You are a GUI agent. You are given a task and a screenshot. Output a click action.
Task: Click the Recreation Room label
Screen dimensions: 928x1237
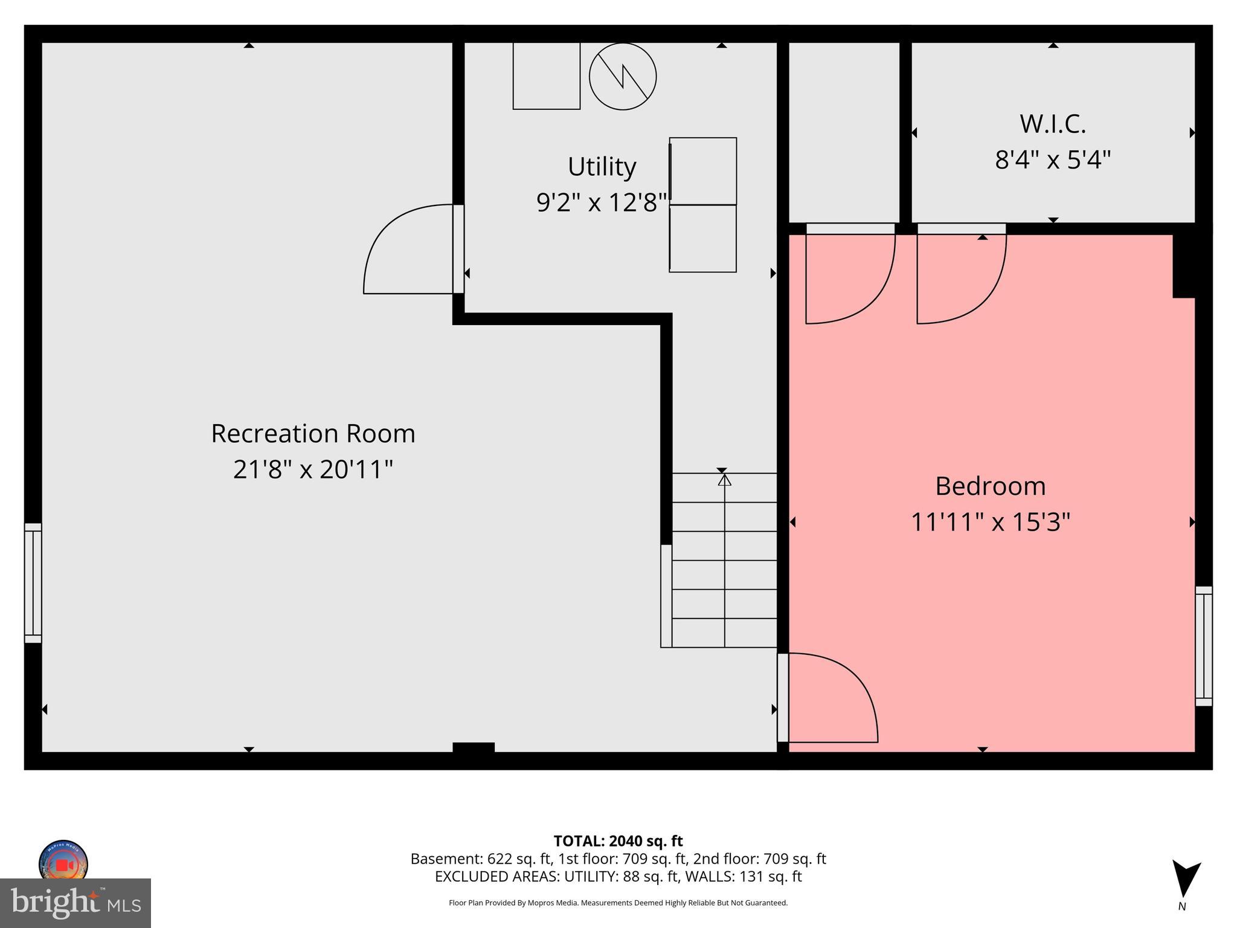313,434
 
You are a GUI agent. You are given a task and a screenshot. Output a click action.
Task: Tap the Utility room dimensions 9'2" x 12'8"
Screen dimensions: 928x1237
602,202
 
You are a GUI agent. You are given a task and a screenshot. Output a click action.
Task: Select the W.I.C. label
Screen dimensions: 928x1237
1053,124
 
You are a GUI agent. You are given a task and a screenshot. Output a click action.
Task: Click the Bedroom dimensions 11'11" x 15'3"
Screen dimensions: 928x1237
990,522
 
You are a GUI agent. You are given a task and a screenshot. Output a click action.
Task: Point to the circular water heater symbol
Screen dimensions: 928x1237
623,77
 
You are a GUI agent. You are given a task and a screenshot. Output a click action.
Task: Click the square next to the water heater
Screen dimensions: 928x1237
546,76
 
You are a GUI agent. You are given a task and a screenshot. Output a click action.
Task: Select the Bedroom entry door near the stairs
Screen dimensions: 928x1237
831,698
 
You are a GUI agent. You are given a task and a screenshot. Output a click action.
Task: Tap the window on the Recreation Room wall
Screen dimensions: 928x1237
33,582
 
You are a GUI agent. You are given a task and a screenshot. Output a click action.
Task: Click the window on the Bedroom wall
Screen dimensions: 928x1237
1203,646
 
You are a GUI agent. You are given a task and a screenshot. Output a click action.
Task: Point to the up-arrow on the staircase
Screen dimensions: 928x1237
724,480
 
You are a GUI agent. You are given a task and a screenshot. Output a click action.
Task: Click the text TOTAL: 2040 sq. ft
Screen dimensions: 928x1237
618,841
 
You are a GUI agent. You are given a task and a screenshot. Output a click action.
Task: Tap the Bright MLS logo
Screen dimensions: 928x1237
76,903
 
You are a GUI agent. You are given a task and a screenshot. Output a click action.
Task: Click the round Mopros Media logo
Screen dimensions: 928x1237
63,862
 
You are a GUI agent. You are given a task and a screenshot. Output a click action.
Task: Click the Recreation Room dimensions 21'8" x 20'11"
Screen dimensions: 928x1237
313,469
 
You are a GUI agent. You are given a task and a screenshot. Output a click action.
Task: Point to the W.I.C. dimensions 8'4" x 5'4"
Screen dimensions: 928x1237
1053,160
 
